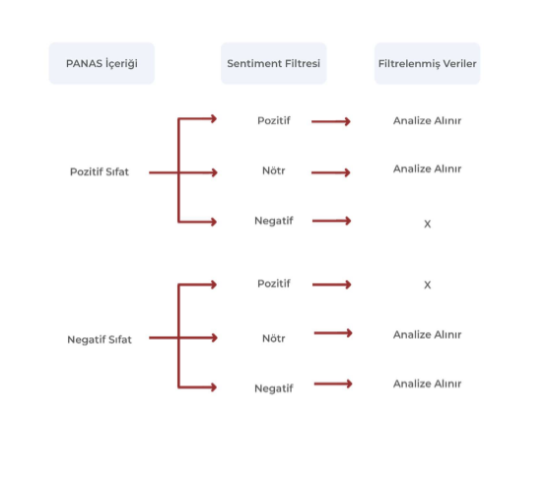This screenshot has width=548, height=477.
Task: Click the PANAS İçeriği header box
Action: (102, 63)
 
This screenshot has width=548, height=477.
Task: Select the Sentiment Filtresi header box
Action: (274, 63)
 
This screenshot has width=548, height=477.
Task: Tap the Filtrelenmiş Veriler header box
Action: (427, 63)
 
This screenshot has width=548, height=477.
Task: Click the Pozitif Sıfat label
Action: (100, 171)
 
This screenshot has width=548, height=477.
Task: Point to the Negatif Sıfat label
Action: (100, 339)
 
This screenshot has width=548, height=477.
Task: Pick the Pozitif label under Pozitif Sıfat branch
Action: (274, 120)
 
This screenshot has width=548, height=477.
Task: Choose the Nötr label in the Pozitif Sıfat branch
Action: (274, 170)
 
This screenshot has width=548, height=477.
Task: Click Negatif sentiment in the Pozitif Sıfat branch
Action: (274, 221)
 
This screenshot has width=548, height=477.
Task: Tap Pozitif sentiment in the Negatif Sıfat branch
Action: (274, 284)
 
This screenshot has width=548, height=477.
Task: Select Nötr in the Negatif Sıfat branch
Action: (274, 338)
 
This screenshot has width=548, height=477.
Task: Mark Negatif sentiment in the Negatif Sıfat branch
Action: (274, 388)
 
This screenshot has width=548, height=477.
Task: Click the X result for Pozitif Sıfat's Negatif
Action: (427, 224)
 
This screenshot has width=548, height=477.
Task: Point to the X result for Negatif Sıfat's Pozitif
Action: (427, 285)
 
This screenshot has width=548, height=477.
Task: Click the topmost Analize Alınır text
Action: (427, 120)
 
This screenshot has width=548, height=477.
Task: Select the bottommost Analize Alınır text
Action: (427, 383)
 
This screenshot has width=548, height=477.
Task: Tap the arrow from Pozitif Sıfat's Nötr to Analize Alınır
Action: (330, 172)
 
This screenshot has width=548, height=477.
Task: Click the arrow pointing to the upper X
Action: (332, 221)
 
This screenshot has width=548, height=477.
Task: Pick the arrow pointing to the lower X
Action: (332, 285)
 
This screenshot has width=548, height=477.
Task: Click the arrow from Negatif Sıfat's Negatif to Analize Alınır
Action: (333, 383)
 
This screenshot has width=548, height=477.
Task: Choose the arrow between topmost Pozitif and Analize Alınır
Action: (330, 121)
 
